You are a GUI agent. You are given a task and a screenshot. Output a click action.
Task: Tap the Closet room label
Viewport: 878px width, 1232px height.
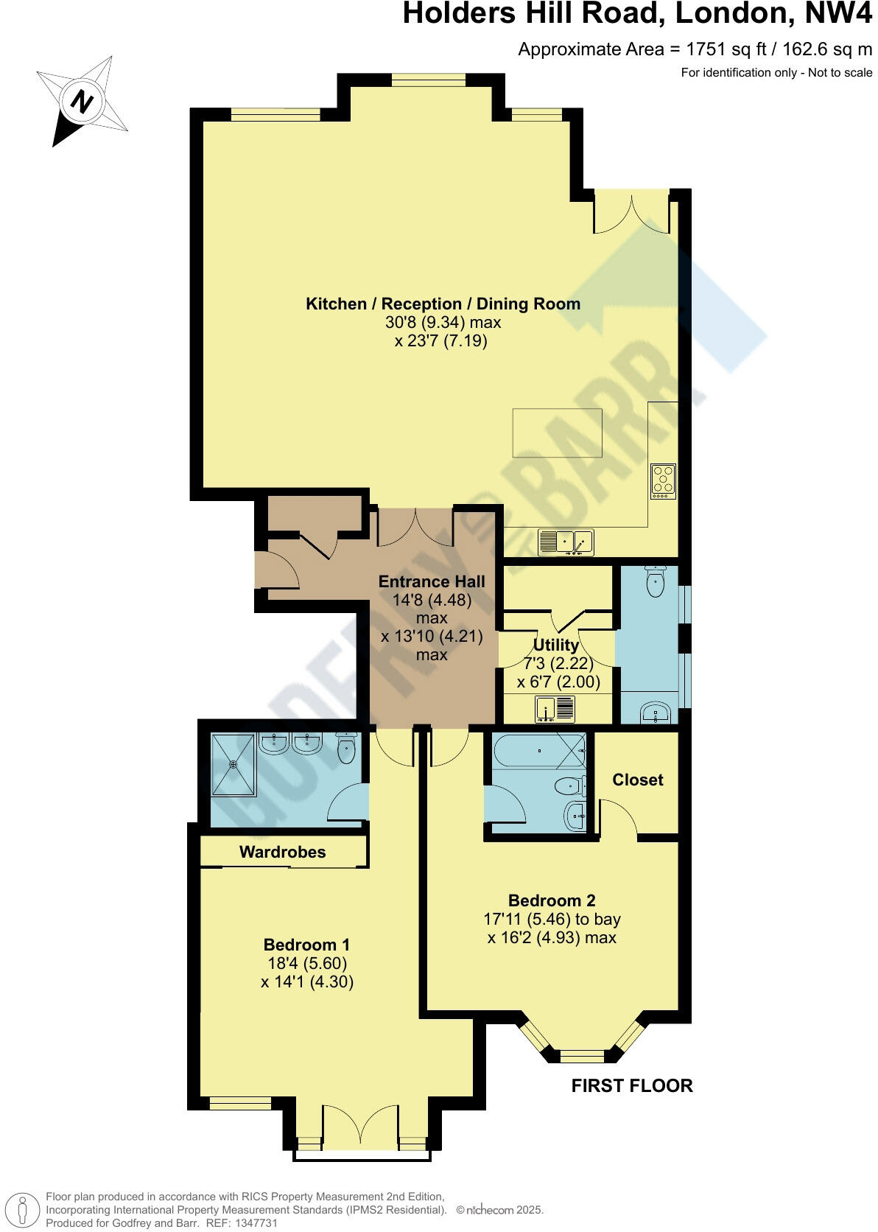637,780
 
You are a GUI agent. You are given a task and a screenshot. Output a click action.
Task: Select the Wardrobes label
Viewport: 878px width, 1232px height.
282,852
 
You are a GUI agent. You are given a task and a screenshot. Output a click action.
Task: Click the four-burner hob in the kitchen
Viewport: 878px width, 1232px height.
663,481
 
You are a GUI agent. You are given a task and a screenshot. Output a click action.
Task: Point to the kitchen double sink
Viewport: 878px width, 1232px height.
566,542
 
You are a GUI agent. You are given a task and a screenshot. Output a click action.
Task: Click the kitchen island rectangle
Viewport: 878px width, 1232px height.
557,433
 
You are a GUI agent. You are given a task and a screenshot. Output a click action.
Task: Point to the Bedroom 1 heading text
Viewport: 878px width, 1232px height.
306,945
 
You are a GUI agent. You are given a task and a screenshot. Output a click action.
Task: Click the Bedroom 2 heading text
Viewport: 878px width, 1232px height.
552,900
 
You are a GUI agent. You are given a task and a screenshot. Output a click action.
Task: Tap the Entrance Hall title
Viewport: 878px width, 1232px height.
432,581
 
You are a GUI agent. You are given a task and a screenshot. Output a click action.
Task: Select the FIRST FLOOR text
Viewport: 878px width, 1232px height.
632,1085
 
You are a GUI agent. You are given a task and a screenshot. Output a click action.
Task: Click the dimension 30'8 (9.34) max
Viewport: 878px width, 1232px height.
443,322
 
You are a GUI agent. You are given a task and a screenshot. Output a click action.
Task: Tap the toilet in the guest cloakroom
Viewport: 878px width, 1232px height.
655,582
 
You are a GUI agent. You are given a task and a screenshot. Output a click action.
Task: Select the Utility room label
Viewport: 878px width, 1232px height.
555,645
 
